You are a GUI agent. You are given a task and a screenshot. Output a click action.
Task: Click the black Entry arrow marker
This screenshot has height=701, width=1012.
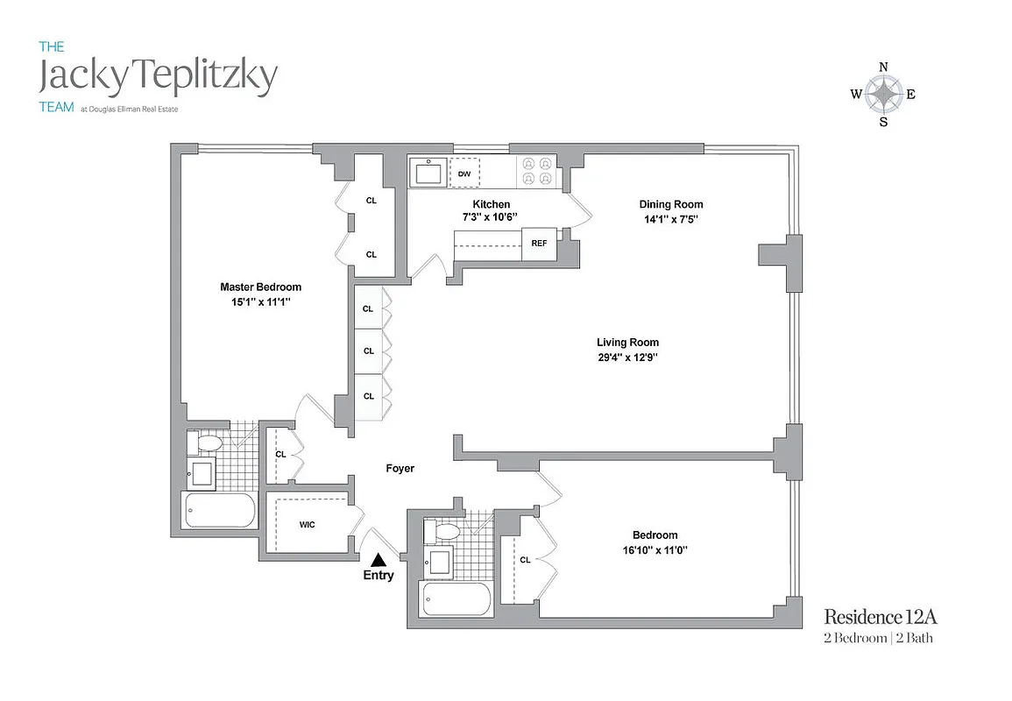coord(379,559)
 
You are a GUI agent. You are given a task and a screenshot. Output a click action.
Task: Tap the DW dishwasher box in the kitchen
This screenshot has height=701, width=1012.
coord(464,173)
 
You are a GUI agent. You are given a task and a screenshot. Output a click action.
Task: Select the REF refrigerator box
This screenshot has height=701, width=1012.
coord(539,244)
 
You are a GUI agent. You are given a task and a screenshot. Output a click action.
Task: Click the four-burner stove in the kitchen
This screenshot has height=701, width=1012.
coord(535,170)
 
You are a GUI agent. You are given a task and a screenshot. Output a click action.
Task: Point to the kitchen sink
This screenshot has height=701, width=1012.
coord(428,172)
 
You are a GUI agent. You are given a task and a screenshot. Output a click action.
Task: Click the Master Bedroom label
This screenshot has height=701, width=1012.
coord(260,287)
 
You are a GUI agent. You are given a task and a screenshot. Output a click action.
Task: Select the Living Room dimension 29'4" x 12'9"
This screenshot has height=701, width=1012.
coord(627,358)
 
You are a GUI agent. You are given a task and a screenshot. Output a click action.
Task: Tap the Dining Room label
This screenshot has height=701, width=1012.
coord(670,204)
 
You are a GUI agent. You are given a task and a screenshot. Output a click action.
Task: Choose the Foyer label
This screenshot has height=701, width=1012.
coord(400,469)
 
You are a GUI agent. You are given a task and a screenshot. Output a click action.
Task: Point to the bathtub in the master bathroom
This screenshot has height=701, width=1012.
coord(219,510)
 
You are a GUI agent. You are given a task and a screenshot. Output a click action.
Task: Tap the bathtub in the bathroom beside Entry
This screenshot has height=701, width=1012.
coord(456,599)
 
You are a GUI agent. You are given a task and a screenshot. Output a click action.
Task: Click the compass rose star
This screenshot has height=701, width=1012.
coord(883,94)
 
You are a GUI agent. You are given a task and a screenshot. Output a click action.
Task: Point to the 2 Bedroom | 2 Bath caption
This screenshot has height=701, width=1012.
coord(878,638)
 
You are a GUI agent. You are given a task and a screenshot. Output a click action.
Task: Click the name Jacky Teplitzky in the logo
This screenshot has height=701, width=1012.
coord(159,77)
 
